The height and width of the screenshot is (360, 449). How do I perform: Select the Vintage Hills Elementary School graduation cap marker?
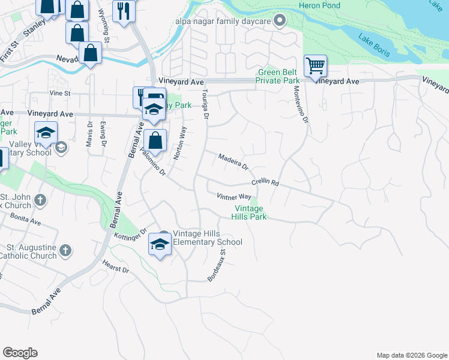point(160,244)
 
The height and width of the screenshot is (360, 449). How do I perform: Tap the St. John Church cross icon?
point(40,200)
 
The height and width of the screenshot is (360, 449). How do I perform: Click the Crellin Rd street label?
point(265,182)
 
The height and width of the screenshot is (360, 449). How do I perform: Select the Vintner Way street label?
point(234,196)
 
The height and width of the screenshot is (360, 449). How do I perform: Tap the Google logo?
point(20,353)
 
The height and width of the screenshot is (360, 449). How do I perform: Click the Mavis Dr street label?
point(89,140)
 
